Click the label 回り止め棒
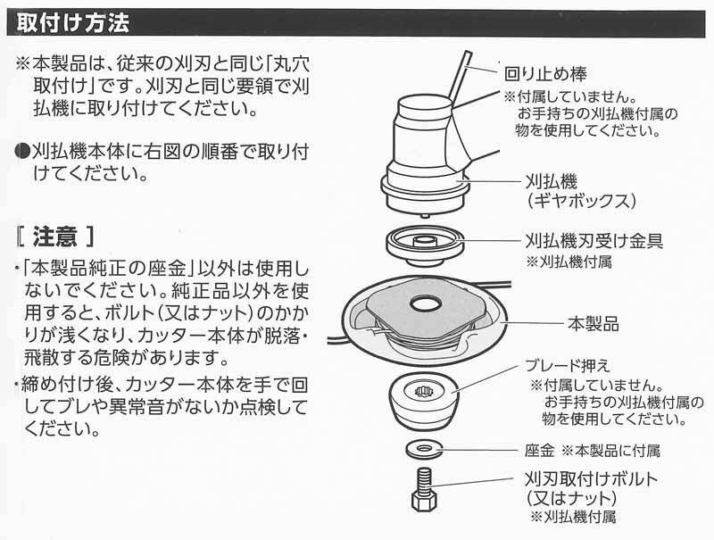click(545, 72)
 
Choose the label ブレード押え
click(564, 368)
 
